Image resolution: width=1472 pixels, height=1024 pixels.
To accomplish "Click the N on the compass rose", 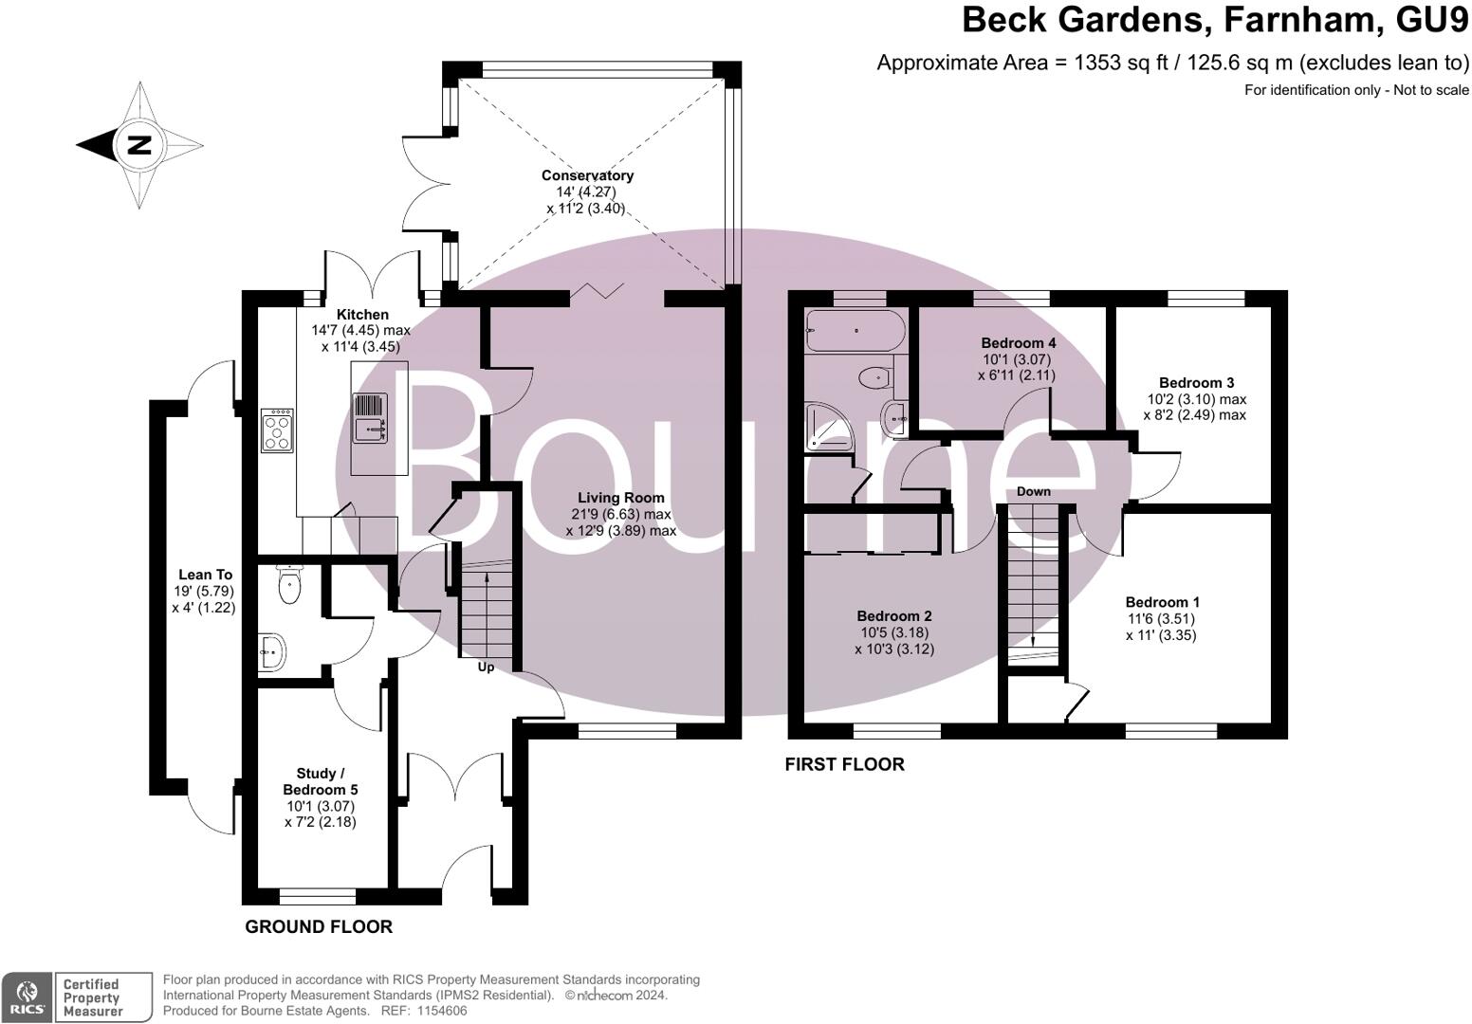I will (x=139, y=145).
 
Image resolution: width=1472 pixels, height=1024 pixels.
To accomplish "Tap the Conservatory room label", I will (x=587, y=175).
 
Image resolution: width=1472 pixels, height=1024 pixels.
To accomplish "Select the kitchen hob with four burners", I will (x=277, y=430).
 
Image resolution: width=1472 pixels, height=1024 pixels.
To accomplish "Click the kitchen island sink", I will (x=371, y=418).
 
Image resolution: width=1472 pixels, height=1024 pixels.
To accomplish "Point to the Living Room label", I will (x=621, y=498).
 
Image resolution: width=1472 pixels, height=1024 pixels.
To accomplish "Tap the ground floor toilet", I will (x=290, y=585).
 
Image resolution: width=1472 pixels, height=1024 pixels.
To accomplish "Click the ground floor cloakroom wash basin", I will (x=271, y=652).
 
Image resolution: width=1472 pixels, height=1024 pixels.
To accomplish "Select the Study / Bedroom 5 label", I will (x=321, y=781).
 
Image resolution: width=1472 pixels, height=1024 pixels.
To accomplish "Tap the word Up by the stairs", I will (x=486, y=667).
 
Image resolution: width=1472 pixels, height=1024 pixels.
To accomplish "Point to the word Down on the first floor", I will (x=1033, y=491).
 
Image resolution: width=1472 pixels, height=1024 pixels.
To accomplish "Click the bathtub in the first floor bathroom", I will (x=854, y=330).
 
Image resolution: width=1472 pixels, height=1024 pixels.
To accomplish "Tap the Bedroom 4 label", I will (x=1018, y=342).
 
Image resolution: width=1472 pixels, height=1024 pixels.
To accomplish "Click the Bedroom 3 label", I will (x=1196, y=383).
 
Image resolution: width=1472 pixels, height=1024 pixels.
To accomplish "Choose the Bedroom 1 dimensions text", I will (x=1162, y=627).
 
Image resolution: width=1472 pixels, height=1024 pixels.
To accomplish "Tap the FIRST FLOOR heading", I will (x=844, y=764).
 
